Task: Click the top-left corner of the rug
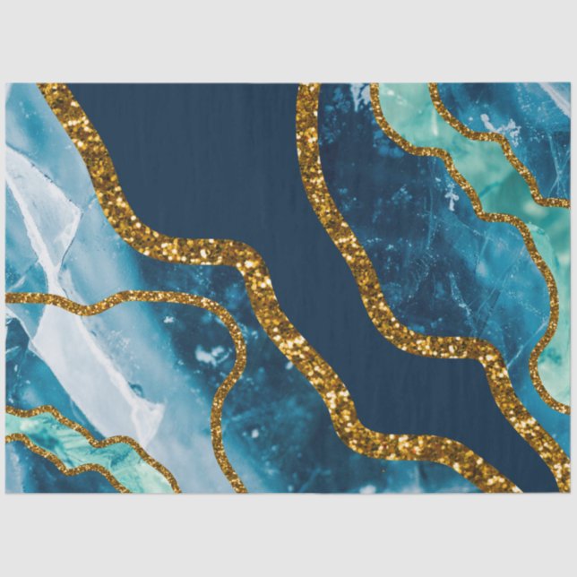(6, 84)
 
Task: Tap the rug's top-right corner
(570, 84)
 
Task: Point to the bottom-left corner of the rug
(6, 492)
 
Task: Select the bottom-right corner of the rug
(570, 492)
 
